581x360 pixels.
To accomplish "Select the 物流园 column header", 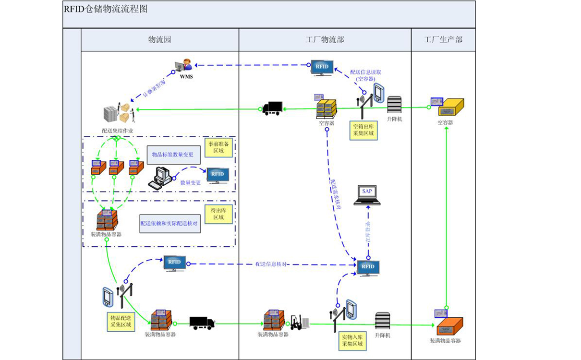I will (x=159, y=40).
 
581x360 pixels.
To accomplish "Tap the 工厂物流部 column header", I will (x=325, y=40).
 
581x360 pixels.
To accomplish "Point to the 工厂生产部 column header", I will (x=443, y=40).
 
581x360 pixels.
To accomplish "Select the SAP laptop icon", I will (x=367, y=194).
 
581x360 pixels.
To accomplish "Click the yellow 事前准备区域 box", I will (x=218, y=148).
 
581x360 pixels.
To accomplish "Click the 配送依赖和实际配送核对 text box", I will (x=170, y=224).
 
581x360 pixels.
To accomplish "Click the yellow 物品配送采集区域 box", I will (x=121, y=321).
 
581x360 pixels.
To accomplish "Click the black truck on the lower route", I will (x=202, y=323).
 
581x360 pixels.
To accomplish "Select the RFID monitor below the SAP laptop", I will (x=368, y=268).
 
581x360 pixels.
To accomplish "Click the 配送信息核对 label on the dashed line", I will (x=271, y=264).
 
